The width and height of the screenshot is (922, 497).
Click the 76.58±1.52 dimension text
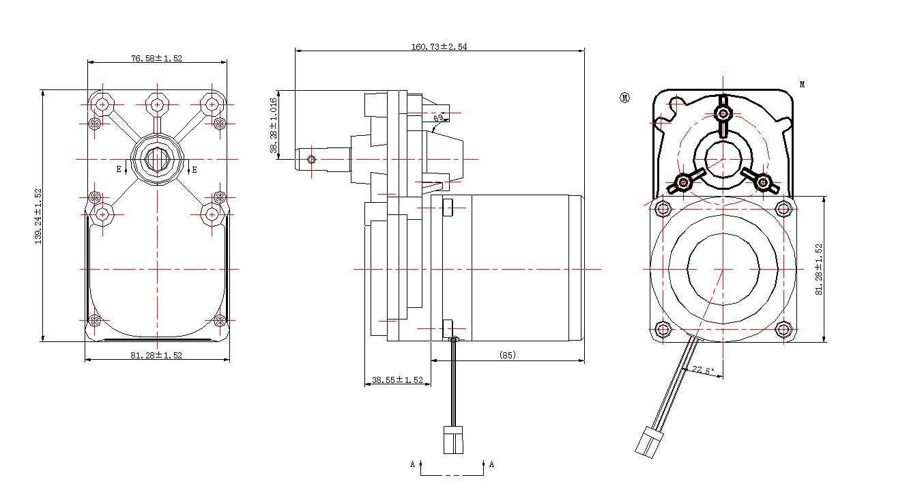pos(156,59)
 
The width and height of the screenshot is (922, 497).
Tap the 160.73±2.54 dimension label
pos(439,47)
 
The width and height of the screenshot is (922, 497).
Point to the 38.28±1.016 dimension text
pos(274,126)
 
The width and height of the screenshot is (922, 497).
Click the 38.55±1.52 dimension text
pos(397,380)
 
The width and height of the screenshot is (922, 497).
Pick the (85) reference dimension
pos(507,355)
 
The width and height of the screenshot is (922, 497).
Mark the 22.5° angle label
pos(703,371)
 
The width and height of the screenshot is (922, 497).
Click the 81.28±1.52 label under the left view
pos(156,355)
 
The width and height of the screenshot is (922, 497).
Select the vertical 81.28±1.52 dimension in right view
pos(819,269)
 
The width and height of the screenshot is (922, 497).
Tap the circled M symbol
pos(624,98)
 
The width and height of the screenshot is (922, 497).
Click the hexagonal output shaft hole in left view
pos(157,160)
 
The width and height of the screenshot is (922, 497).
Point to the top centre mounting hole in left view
pos(157,104)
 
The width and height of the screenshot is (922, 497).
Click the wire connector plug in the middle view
pos(452,439)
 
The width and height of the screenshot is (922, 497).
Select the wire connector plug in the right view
pos(647,442)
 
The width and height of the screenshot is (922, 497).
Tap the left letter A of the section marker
pos(412,465)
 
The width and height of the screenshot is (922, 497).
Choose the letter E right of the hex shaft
pos(194,169)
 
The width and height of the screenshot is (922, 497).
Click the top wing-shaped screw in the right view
pos(723,112)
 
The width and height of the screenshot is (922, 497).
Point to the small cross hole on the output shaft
pos(312,160)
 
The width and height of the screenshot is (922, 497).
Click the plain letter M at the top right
pos(802,85)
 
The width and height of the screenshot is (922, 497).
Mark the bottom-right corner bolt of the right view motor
pos(783,331)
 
